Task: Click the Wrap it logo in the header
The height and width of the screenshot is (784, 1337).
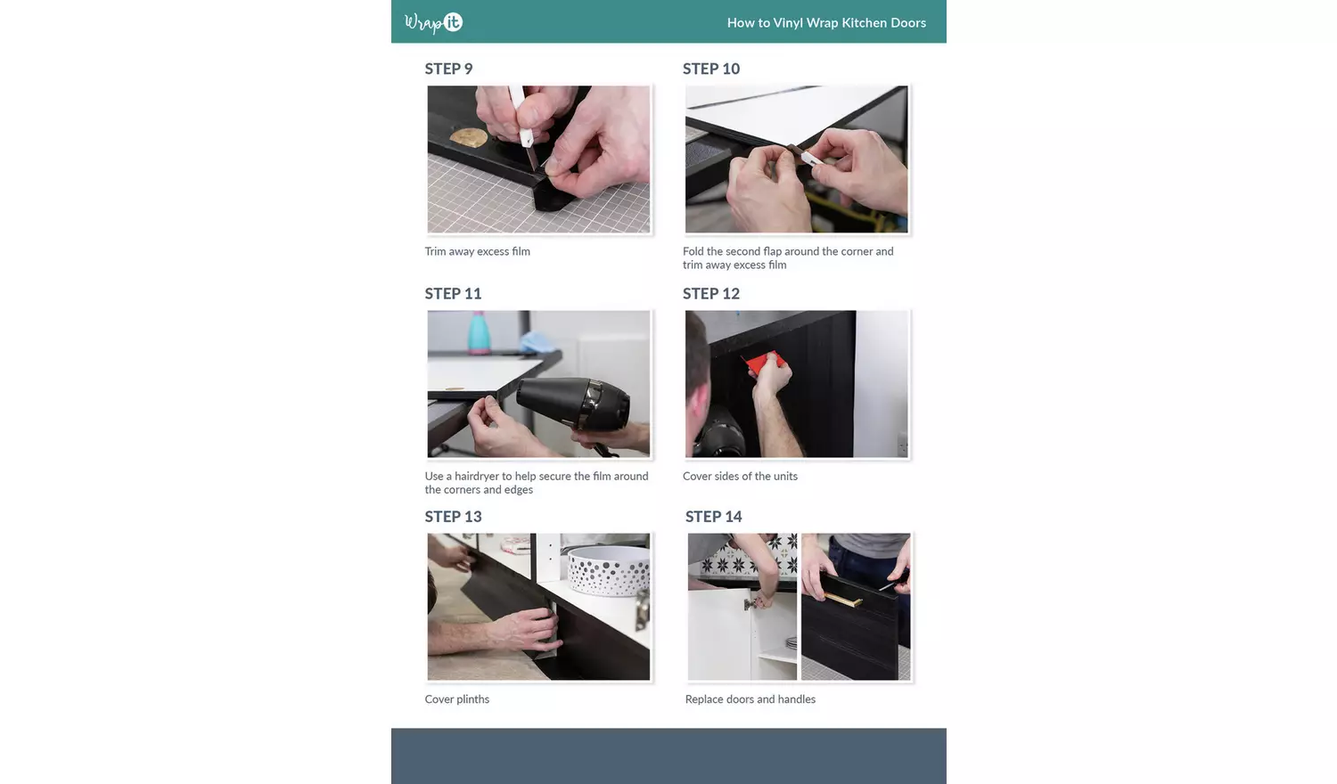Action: coord(433,22)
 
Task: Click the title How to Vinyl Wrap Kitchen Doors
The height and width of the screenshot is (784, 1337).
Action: coord(826,22)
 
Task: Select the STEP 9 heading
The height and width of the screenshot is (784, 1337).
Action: coord(449,69)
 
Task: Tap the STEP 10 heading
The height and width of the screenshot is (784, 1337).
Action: coord(711,69)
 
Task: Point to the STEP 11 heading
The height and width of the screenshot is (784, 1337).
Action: coord(453,293)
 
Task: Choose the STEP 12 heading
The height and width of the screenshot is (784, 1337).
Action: coord(711,293)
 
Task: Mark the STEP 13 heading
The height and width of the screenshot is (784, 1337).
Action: coord(453,516)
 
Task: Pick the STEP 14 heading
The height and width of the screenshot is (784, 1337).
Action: coord(713,516)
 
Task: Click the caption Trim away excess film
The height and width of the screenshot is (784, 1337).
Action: coord(478,251)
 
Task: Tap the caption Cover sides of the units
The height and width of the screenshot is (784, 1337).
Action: coord(740,476)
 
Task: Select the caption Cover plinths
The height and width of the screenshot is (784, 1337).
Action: coord(457,699)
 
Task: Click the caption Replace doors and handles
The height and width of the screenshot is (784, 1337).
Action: coord(751,699)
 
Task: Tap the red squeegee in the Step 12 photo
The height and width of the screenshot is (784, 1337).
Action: coord(763,363)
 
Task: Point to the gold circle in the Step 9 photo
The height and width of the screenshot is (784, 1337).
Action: coord(469,138)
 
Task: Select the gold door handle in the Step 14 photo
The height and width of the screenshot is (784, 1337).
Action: coord(843,599)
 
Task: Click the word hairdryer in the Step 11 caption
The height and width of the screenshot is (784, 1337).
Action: coord(477,476)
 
